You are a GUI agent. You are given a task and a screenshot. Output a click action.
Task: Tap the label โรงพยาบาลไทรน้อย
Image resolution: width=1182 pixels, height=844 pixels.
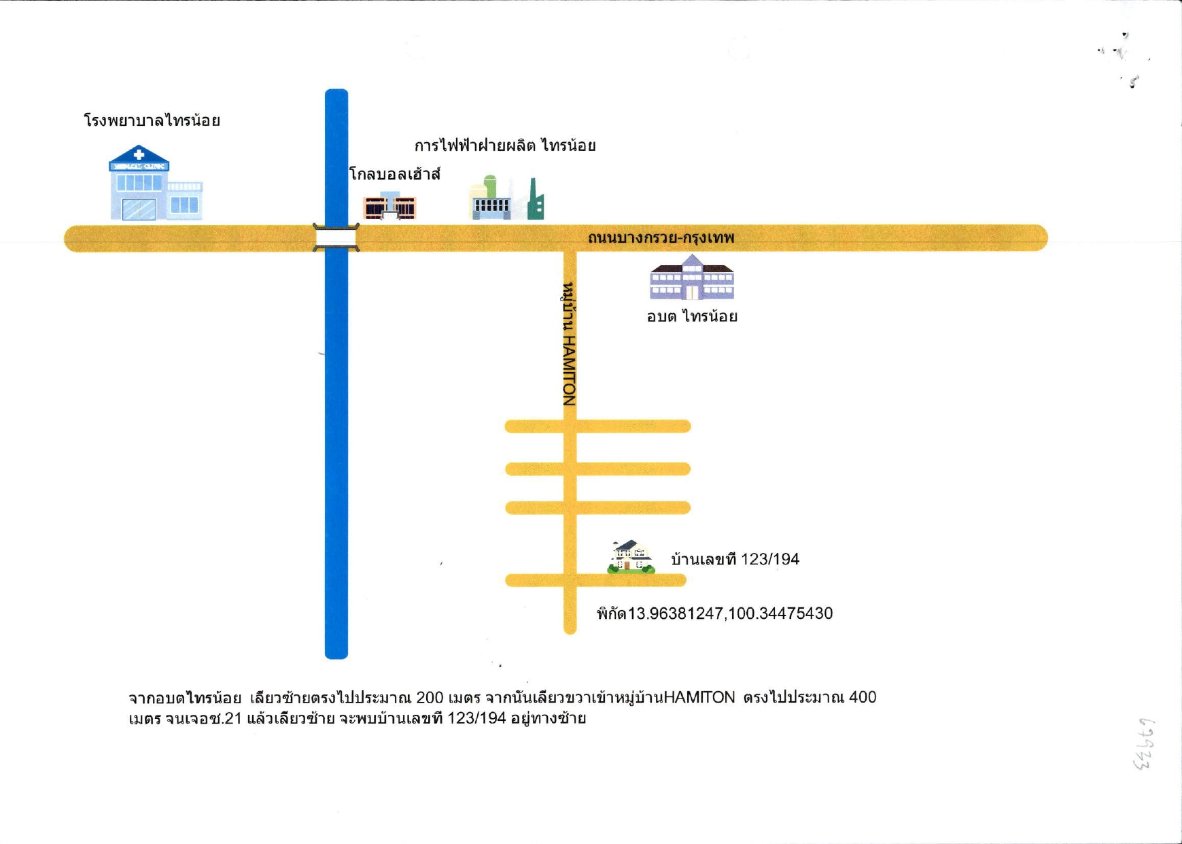152,121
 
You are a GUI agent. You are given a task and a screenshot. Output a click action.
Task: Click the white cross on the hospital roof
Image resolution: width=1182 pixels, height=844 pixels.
139,155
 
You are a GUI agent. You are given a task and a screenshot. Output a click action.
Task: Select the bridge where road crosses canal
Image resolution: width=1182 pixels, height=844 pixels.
336,237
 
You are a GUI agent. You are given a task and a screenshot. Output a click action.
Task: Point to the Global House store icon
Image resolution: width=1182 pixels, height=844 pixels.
389,205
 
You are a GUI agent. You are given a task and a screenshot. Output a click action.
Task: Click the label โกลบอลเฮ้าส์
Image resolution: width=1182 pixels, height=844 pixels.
395,174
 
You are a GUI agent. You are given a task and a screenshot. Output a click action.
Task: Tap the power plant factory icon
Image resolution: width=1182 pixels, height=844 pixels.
506,198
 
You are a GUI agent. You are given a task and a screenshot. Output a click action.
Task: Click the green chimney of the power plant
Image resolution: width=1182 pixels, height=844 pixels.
536,199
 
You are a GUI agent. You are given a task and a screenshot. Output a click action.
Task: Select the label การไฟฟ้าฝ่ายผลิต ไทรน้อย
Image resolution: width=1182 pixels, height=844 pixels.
505,146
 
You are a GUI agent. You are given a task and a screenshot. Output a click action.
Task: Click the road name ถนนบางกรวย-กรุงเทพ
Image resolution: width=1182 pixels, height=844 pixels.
661,238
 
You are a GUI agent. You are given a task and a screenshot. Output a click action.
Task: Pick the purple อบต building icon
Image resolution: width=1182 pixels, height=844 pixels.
692,277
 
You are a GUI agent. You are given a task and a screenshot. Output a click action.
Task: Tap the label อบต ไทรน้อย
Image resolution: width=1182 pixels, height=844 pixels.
692,316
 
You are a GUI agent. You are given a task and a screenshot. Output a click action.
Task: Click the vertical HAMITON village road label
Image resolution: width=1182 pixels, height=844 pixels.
570,343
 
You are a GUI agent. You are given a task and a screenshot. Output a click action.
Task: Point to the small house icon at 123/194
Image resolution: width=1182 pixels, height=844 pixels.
631,557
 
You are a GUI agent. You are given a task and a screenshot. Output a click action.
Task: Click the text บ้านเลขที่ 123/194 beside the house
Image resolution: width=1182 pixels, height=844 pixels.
735,560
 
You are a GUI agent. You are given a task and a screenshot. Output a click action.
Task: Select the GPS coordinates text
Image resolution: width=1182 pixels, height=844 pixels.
714,613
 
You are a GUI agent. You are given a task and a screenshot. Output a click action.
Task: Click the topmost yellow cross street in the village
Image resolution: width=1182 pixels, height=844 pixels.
597,426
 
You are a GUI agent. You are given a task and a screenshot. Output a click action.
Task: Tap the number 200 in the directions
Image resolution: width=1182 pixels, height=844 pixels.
430,698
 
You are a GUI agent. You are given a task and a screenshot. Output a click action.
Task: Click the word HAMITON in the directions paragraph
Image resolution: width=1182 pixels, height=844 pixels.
699,698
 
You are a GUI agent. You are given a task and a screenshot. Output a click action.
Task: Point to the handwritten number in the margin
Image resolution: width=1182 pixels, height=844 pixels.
1144,744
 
